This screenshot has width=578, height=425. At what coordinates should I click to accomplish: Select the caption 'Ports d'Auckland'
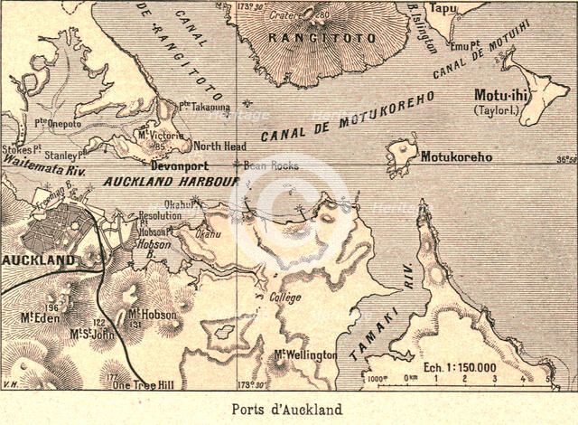[288, 409]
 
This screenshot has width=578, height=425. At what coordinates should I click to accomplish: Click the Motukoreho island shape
[402, 156]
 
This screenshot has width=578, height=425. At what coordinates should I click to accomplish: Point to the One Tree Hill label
[139, 383]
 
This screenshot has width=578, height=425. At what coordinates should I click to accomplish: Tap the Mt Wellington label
[305, 354]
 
